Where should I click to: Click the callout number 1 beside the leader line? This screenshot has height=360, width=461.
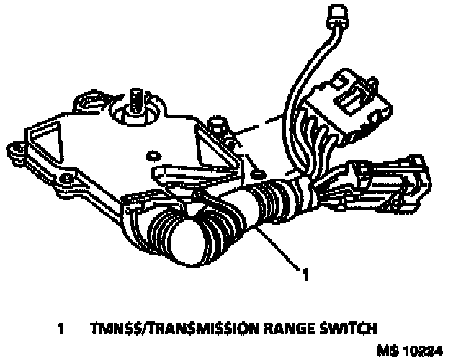click(x=305, y=274)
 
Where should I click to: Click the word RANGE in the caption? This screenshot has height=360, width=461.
click(x=276, y=329)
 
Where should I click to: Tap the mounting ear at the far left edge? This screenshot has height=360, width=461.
click(x=14, y=150)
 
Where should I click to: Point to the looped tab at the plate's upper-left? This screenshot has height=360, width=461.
click(x=86, y=98)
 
